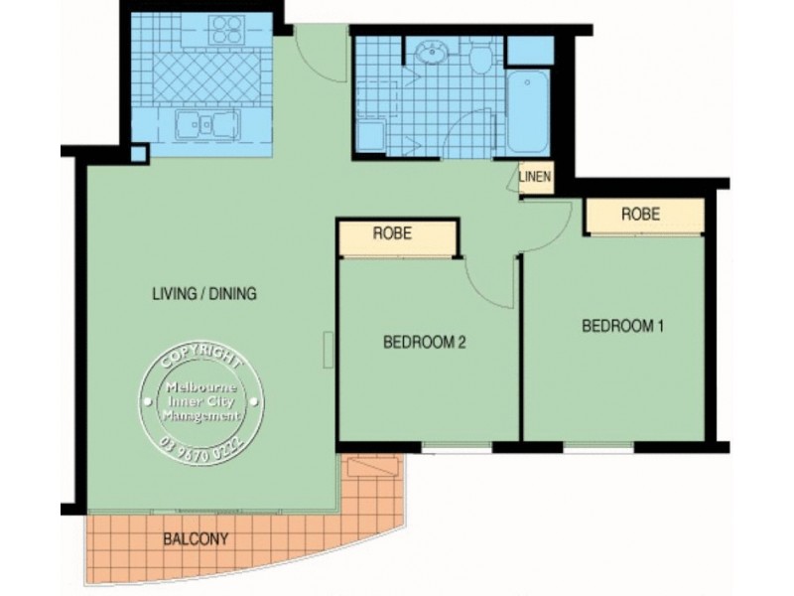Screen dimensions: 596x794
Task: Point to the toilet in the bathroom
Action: [x=482, y=60]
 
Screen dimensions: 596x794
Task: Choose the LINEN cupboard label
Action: [x=535, y=178]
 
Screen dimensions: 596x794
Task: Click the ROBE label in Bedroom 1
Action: [x=641, y=214]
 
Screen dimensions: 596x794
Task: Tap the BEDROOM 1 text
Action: [x=622, y=325]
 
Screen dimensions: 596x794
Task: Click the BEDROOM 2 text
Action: [x=424, y=343]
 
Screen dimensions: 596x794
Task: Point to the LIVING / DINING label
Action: [x=204, y=293]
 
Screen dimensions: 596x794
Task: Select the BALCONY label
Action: [x=196, y=540]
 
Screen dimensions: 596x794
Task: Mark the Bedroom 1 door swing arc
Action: [x=551, y=223]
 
